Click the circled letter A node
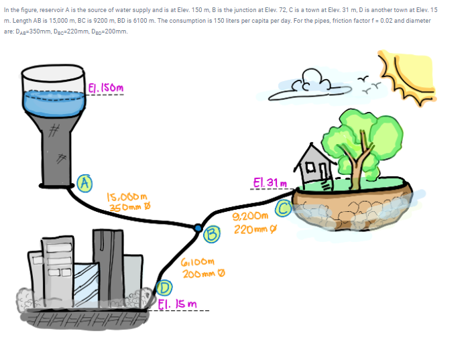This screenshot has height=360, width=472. pos(84,181)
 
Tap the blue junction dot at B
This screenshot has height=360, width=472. pos(198,229)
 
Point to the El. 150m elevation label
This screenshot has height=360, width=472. pos(106,88)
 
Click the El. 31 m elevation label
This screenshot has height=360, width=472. pos(270,182)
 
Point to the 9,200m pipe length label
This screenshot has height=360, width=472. pos(249,216)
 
